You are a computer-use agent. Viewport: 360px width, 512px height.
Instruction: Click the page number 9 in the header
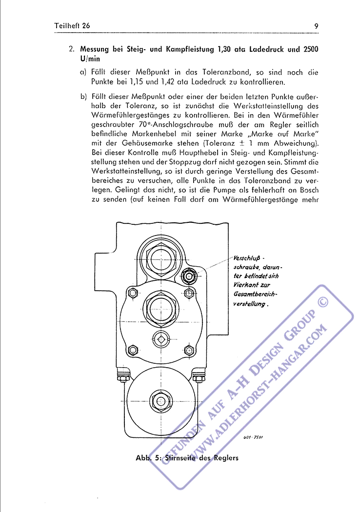pos(317,25)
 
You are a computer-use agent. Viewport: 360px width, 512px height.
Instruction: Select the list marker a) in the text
pos(83,72)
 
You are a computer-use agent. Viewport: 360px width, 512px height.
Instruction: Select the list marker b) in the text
pos(83,96)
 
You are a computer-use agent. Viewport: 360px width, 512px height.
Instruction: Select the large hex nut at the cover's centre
pos(160,307)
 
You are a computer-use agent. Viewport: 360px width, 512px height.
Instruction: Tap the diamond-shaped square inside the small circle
pos(160,337)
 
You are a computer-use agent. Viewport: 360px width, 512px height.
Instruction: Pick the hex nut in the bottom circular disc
pos(160,401)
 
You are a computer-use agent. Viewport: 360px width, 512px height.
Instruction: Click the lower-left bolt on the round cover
pos(132,350)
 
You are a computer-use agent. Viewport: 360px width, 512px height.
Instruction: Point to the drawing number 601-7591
pos(253,438)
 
